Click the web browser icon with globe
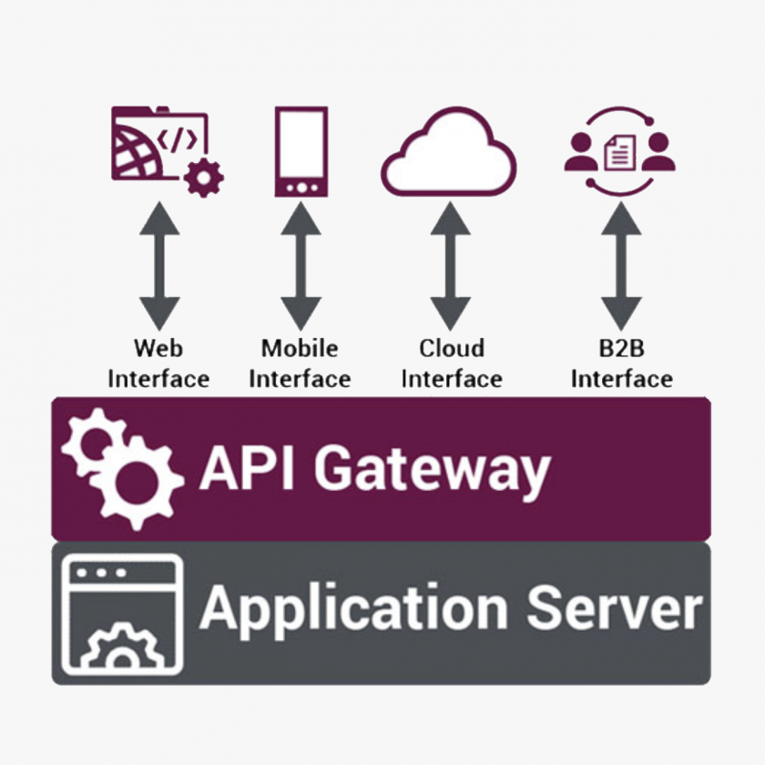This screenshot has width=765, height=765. [159, 146]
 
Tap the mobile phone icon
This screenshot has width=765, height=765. [301, 152]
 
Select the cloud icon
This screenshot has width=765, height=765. [449, 154]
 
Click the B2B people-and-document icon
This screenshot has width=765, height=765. [620, 151]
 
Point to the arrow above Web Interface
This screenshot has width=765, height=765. [159, 265]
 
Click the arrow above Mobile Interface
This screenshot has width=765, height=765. [301, 265]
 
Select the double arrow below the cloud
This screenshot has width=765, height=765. [450, 265]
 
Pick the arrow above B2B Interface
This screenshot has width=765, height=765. [621, 265]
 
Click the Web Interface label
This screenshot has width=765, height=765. [159, 363]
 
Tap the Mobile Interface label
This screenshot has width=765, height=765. [300, 363]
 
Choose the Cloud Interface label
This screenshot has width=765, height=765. [452, 363]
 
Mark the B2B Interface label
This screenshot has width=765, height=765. [622, 363]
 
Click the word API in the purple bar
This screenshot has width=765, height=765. [246, 468]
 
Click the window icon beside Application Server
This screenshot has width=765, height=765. [120, 612]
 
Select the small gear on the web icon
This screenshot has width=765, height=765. [203, 177]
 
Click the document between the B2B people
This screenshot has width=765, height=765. [620, 151]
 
